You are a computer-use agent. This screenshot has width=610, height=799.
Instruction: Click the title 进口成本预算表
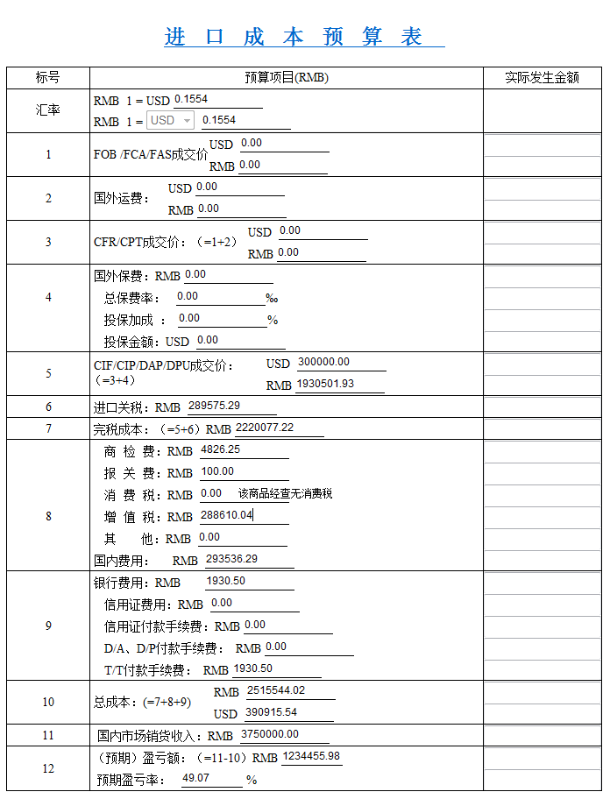[294, 37]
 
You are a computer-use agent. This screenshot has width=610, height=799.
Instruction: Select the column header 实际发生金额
[542, 78]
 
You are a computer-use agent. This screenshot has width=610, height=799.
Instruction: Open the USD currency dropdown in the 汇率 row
[171, 121]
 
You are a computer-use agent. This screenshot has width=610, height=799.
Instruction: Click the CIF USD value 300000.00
[323, 362]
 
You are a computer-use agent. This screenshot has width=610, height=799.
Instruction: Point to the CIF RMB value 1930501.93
[325, 384]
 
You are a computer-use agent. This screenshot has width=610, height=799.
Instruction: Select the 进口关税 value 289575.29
[214, 406]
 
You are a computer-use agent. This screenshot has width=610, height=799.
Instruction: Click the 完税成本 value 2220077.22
[265, 428]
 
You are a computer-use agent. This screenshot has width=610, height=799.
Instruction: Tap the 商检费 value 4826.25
[220, 449]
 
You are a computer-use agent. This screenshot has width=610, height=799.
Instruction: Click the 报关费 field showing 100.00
[217, 471]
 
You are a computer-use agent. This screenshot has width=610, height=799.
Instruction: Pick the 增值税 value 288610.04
[226, 515]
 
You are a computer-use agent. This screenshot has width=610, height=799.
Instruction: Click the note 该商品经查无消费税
[286, 494]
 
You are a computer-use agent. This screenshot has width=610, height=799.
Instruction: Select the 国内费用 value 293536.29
[231, 559]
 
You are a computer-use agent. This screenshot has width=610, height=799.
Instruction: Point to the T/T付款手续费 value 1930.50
[252, 668]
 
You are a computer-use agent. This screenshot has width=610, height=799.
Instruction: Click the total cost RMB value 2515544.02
[275, 690]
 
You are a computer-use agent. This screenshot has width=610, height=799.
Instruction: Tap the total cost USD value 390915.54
[271, 712]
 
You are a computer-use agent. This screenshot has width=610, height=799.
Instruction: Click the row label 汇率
[48, 110]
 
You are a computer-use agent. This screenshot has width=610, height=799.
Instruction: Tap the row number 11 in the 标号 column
[48, 735]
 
